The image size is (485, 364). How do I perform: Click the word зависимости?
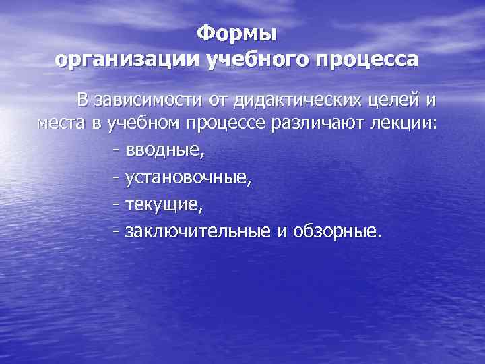tap(143, 100)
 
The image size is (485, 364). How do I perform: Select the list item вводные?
tap(164, 150)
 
